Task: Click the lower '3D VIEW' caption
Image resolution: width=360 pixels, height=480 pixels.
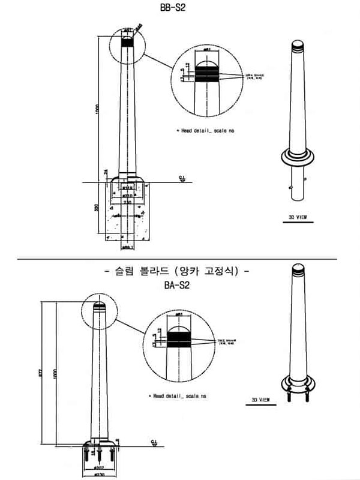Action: (x=260, y=399)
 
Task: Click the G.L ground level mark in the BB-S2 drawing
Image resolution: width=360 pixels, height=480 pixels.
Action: (x=181, y=178)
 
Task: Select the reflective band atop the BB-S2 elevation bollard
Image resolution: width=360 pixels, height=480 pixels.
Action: (x=128, y=42)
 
